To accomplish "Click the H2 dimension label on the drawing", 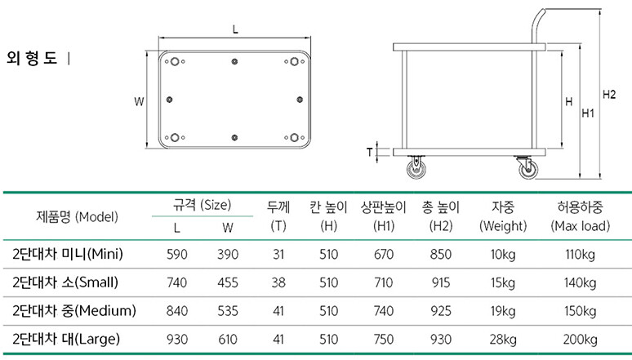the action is pyautogui.click(x=609, y=95).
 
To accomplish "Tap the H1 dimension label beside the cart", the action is pyautogui.click(x=588, y=113).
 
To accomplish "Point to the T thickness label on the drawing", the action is pyautogui.click(x=370, y=152).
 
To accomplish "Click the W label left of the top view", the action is pyautogui.click(x=139, y=101).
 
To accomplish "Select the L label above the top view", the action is pyautogui.click(x=235, y=29).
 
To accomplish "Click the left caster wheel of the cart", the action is pyautogui.click(x=416, y=167).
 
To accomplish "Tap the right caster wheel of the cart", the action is pyautogui.click(x=527, y=167).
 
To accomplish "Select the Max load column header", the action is pyautogui.click(x=581, y=216).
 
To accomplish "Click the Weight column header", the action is pyautogui.click(x=503, y=216).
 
